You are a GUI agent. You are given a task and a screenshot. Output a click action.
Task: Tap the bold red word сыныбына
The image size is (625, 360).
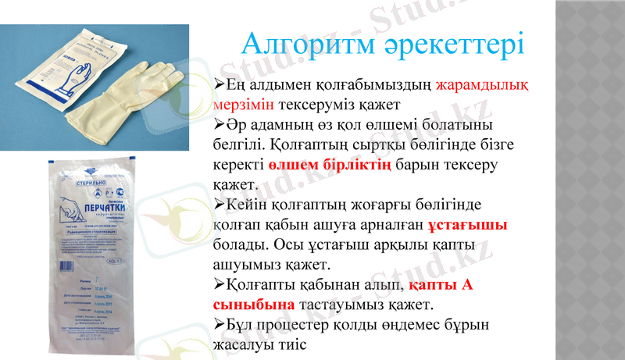pos(254,304)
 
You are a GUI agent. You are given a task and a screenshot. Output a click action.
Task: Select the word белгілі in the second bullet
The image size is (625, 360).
pos(238,145)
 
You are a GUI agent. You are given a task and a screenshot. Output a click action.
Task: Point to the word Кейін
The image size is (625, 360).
pos(248,205)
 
